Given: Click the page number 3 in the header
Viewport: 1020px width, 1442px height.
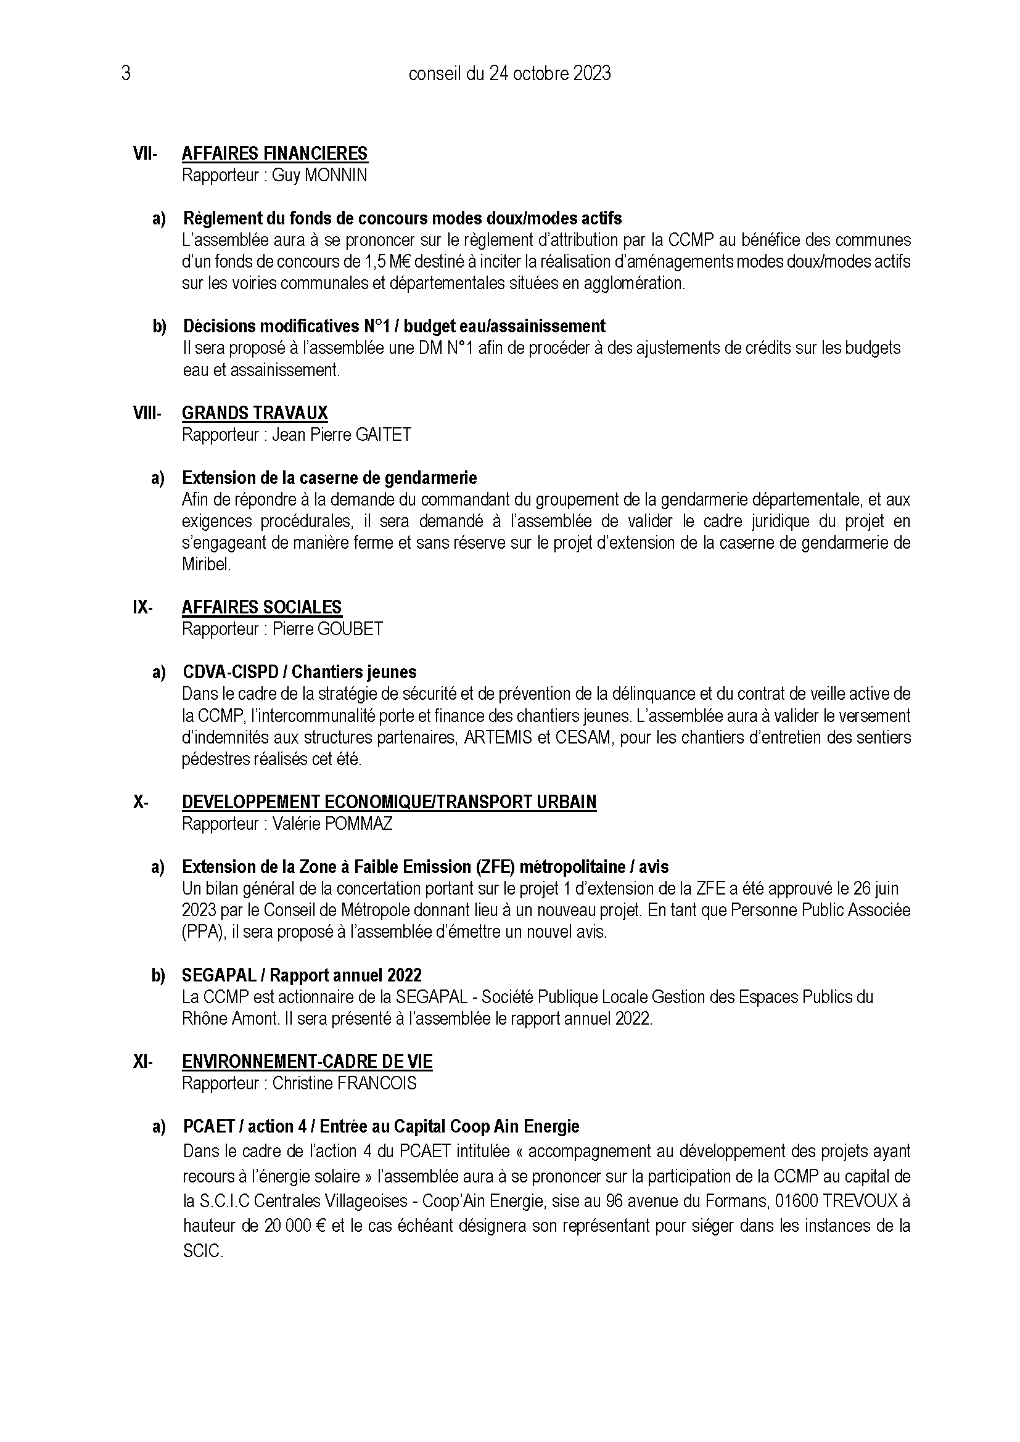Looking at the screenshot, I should [126, 74].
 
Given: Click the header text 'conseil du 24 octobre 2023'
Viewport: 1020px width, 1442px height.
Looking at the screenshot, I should [509, 74].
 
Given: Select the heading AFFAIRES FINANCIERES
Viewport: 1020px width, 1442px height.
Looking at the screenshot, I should [274, 154].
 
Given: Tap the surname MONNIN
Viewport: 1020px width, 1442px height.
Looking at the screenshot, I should [335, 175].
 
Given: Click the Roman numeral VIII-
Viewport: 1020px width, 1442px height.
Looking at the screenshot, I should [147, 413].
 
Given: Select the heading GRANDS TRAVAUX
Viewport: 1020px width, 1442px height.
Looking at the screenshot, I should [254, 413].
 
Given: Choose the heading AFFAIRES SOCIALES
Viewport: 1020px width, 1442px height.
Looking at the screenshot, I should [261, 607].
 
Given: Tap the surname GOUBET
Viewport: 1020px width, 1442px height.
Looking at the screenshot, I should [350, 629].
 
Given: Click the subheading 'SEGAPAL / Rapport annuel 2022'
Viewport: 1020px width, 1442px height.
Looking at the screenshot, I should [302, 975].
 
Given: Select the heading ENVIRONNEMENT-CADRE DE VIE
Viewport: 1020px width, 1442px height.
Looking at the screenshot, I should [307, 1062].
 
